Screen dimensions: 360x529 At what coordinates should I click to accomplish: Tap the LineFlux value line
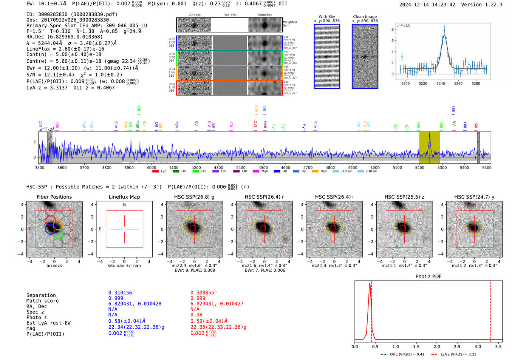pos(65,49)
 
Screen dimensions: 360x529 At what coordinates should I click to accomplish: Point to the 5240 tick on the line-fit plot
pos(441,83)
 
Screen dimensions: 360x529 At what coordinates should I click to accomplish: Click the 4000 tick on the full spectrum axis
pos(151,167)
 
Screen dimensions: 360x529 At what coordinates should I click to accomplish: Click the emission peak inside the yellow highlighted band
pos(429,135)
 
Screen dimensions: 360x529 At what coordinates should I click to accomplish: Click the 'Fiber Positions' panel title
pos(54,197)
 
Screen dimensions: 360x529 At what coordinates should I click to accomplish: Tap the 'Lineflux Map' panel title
pos(124,197)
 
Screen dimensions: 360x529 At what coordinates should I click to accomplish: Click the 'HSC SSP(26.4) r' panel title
pos(264,197)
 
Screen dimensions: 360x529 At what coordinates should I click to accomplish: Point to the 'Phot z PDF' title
pos(428,277)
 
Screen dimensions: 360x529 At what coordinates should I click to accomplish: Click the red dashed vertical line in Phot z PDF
pos(490,310)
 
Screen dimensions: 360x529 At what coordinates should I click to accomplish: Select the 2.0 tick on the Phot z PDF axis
pos(437,346)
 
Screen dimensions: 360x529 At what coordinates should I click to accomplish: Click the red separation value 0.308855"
pos(204,293)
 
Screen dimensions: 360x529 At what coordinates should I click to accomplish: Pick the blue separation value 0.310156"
pos(121,293)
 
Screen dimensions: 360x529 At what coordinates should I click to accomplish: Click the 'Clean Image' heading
pos(365,17)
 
